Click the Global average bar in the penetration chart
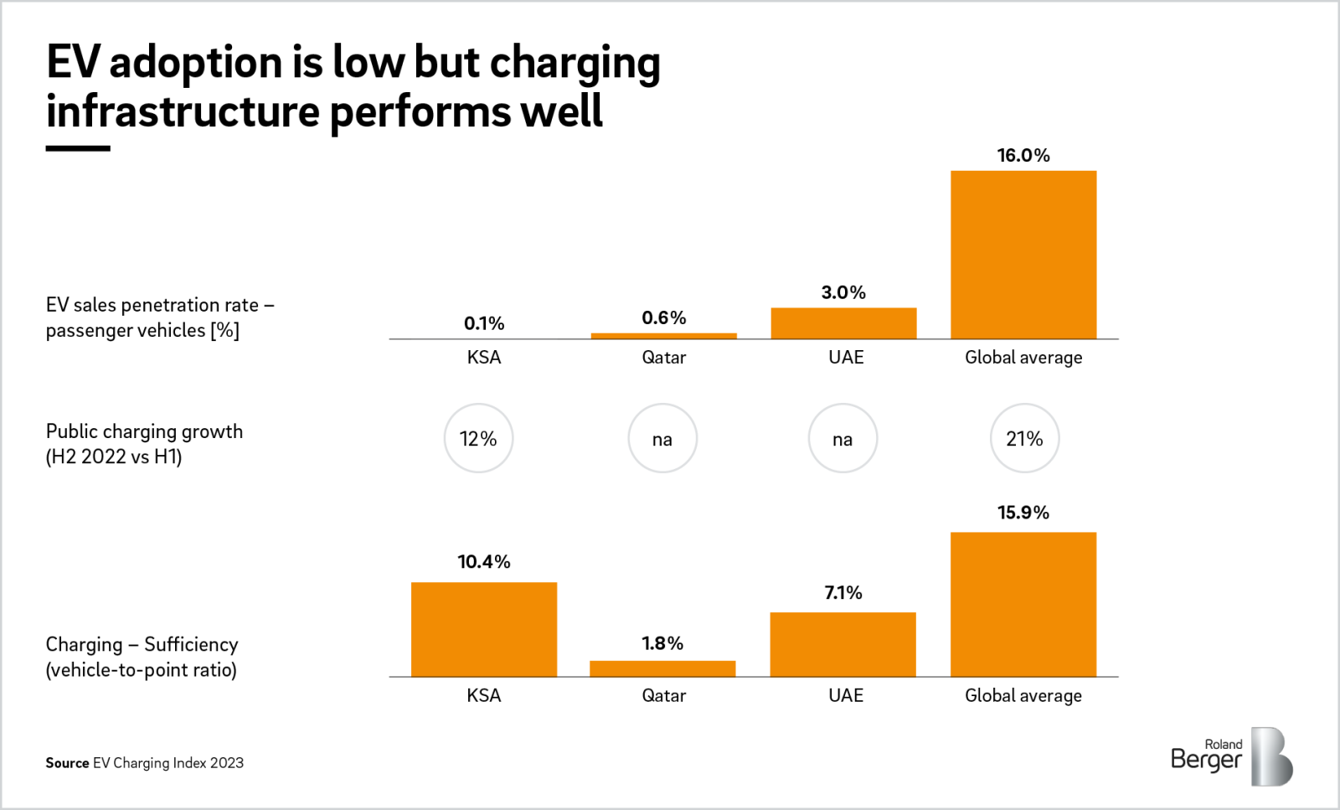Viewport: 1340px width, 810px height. pyautogui.click(x=1023, y=255)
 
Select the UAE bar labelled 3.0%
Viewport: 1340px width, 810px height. pyautogui.click(x=843, y=323)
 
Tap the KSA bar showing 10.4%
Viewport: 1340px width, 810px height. pyautogui.click(x=483, y=629)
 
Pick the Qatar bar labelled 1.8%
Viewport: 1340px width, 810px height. pyautogui.click(x=662, y=668)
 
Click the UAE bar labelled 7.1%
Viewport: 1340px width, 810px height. pyautogui.click(x=843, y=644)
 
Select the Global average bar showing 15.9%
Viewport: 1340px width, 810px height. pyautogui.click(x=1023, y=604)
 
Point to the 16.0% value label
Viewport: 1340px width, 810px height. pyautogui.click(x=1023, y=156)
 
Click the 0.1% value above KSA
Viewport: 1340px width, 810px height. pyautogui.click(x=483, y=323)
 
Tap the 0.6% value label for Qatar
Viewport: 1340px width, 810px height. pyautogui.click(x=663, y=318)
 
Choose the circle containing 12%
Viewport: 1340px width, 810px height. pyautogui.click(x=478, y=438)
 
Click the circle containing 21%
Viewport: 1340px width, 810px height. pyautogui.click(x=1024, y=438)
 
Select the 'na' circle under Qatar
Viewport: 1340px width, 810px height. pyautogui.click(x=662, y=438)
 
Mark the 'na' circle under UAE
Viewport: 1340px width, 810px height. pyautogui.click(x=843, y=438)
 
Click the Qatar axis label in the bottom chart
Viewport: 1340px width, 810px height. pyautogui.click(x=663, y=695)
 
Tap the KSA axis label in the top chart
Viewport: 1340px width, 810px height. pyautogui.click(x=483, y=358)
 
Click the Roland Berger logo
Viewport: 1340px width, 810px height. pyautogui.click(x=1231, y=756)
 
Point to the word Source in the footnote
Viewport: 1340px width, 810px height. pyautogui.click(x=67, y=763)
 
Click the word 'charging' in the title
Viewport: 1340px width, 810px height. pyautogui.click(x=575, y=64)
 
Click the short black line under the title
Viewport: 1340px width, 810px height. pyautogui.click(x=78, y=148)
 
